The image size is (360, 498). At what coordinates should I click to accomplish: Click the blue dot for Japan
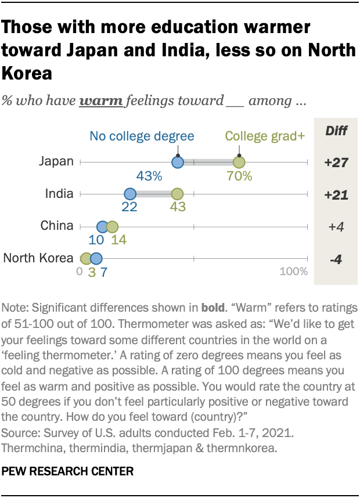pos(178,163)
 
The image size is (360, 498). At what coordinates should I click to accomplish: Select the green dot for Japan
pos(239,163)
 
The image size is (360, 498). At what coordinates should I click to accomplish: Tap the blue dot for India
pos(129,194)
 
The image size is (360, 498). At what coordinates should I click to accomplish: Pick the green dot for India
pos(178,194)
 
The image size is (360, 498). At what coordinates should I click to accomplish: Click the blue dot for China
pos(103,226)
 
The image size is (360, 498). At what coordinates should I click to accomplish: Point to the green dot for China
pos(112,226)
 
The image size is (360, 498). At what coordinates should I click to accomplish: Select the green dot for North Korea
pos(87,259)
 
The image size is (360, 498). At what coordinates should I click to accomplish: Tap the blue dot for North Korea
pos(96,259)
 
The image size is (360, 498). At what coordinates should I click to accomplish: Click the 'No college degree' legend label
pos(142,136)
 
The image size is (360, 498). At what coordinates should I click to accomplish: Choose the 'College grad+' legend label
pos(255,136)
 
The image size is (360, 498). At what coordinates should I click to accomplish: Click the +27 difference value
pos(336,163)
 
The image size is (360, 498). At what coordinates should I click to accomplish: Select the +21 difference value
pos(336,195)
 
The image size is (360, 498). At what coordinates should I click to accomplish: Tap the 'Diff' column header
pos(336,131)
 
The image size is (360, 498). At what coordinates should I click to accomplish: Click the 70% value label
pos(239,176)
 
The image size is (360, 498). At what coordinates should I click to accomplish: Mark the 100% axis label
pos(294,272)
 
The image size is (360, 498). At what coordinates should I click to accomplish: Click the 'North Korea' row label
pos(38,258)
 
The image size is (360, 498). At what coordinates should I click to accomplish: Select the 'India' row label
pos(59,194)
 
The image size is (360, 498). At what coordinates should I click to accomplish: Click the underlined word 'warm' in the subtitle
pos(101,101)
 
